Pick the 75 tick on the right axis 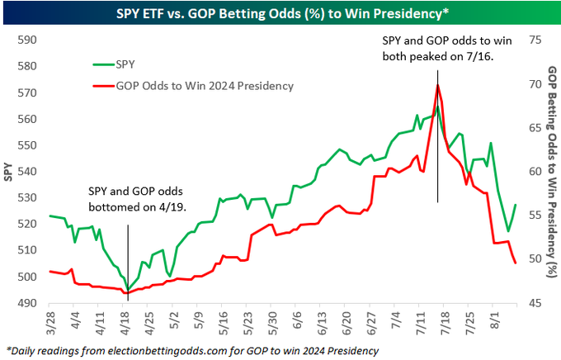pyautogui.click(x=534, y=40)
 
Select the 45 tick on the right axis pyautogui.click(x=534, y=303)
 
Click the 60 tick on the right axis pyautogui.click(x=534, y=172)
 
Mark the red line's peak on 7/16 pyautogui.click(x=437, y=84)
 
